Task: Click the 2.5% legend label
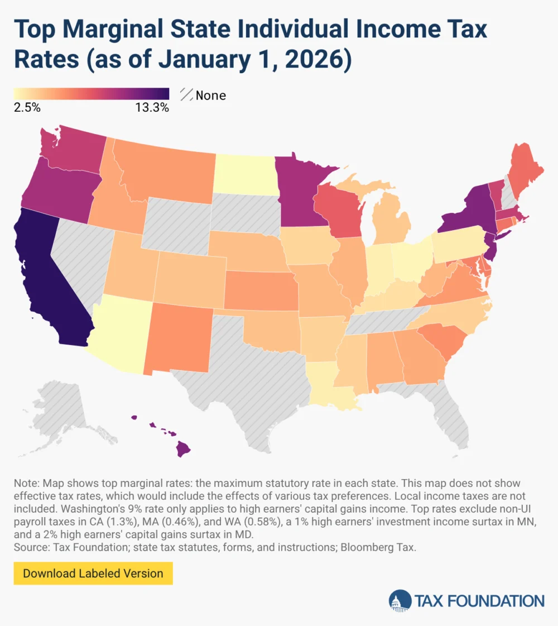(x=26, y=108)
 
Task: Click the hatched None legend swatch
(x=187, y=95)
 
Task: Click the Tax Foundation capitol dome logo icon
(x=400, y=601)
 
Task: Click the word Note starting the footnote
(x=25, y=482)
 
